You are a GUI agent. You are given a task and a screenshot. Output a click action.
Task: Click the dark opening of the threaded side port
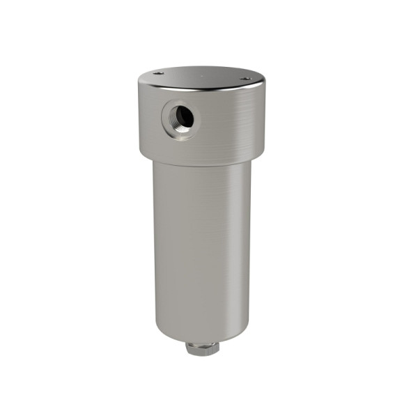185,119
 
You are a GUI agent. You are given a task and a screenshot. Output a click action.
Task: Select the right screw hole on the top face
245,79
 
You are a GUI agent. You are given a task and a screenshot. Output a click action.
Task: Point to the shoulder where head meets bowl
202,166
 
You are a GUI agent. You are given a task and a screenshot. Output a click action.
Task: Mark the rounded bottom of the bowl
202,333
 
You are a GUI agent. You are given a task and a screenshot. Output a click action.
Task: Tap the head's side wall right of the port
230,129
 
